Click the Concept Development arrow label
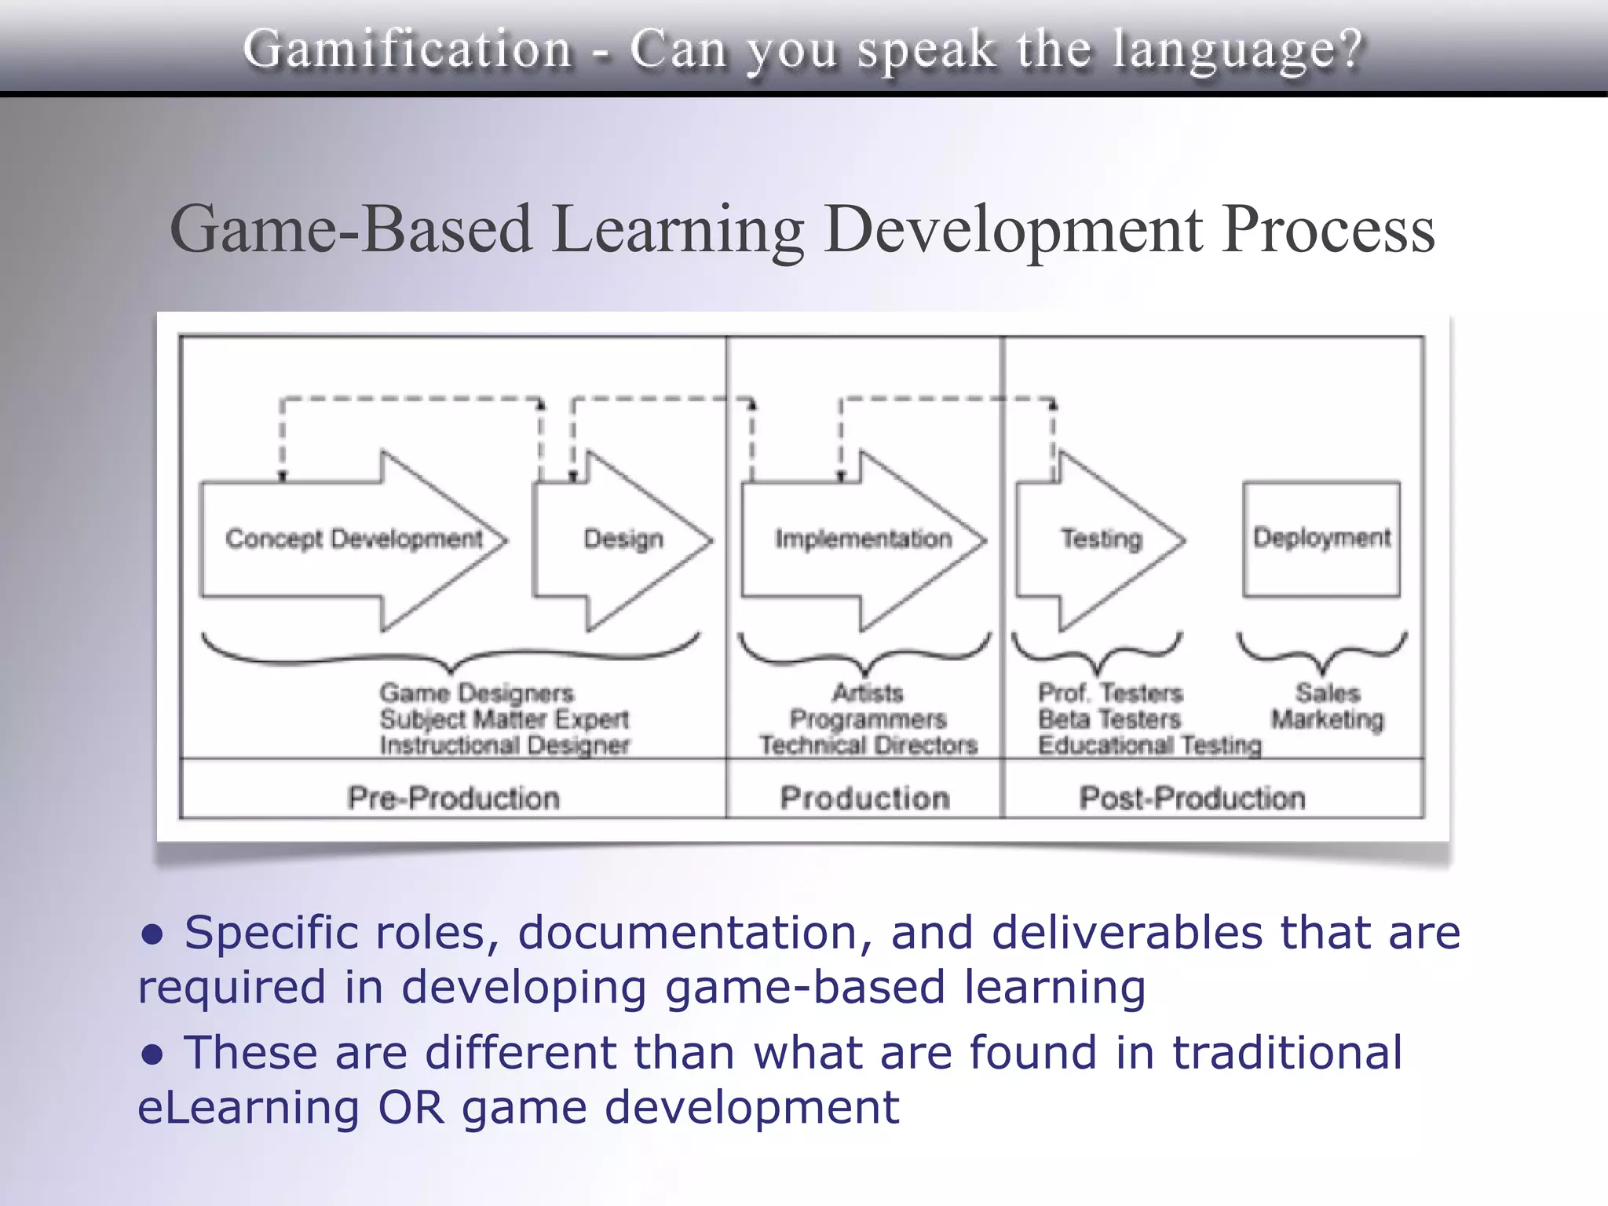(354, 539)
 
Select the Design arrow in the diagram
(623, 539)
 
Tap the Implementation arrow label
(863, 539)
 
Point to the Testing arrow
(1101, 539)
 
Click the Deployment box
(1321, 539)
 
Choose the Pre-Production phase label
(454, 798)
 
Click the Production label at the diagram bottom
(864, 798)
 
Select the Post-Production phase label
(1192, 798)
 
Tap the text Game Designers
(477, 693)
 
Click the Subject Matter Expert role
(504, 719)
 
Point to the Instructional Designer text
(504, 745)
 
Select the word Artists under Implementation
(868, 693)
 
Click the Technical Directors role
(868, 745)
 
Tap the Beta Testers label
(1109, 719)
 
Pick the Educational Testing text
(1149, 745)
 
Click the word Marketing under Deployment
(1328, 719)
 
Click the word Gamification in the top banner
(407, 49)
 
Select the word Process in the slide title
(1328, 229)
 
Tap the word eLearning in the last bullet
(248, 1107)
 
